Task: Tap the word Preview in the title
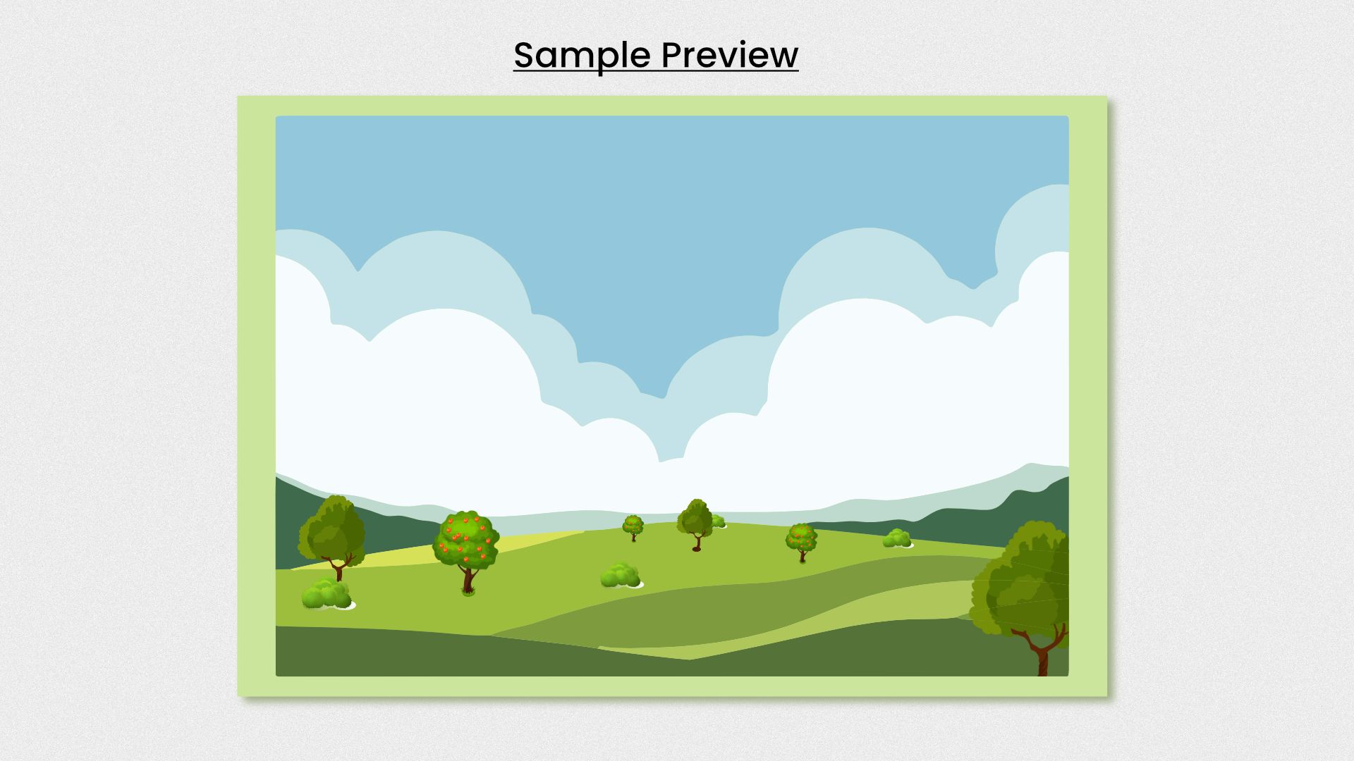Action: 730,54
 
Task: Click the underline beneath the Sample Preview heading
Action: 656,70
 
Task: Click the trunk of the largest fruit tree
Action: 468,579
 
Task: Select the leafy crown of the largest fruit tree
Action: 465,539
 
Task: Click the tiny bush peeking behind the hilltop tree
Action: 719,521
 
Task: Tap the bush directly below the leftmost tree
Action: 327,594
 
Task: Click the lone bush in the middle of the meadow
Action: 621,575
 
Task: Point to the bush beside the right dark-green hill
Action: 897,538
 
